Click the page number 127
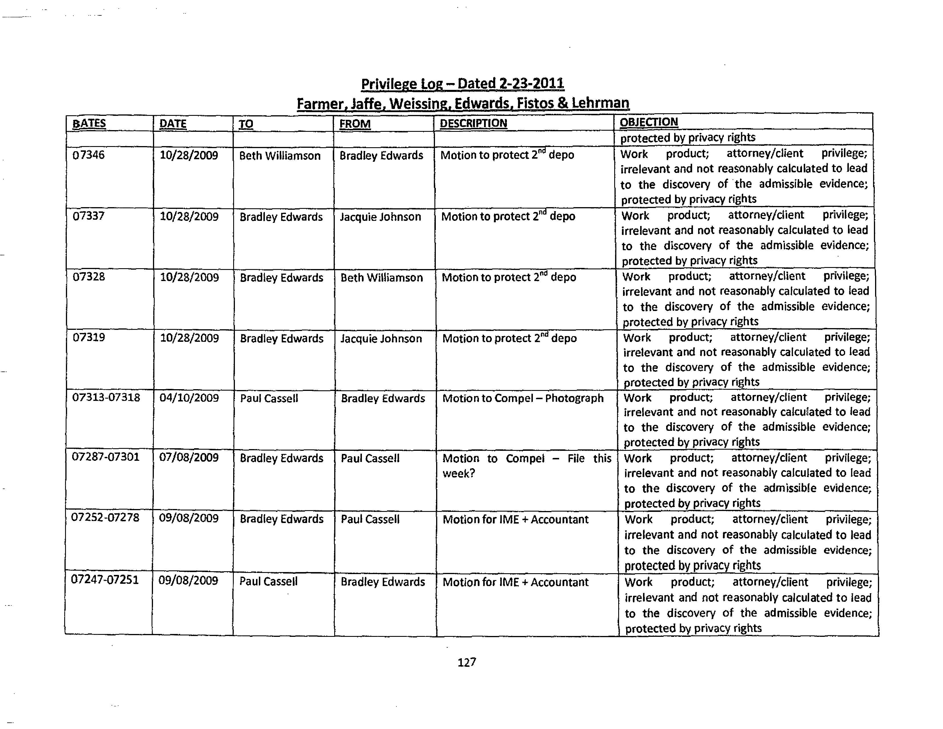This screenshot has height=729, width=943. click(x=467, y=663)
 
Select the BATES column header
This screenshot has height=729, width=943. click(x=89, y=124)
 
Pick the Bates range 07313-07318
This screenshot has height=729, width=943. click(x=106, y=397)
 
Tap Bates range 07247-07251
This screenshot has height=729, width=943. click(x=105, y=580)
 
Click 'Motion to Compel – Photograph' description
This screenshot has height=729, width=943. click(x=523, y=398)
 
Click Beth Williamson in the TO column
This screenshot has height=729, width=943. click(x=280, y=156)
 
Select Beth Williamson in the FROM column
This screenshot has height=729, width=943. click(x=382, y=278)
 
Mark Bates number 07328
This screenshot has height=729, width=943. click(x=88, y=277)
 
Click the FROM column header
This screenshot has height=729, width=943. click(x=355, y=124)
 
